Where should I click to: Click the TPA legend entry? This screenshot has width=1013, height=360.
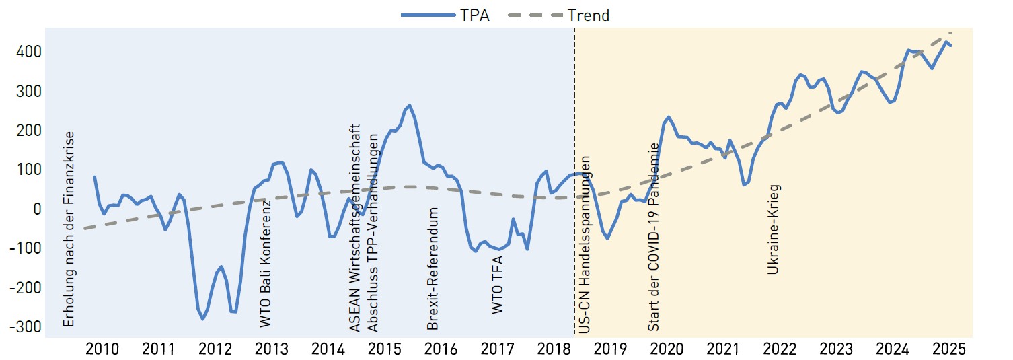coord(447,15)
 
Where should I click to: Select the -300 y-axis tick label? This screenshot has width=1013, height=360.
coord(24,326)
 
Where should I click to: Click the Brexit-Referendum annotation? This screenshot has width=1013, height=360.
coord(433,268)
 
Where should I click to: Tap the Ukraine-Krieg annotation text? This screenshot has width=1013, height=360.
coord(774,229)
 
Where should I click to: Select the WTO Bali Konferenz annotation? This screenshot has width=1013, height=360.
coord(266,262)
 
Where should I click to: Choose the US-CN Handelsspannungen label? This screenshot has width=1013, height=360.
coord(585,245)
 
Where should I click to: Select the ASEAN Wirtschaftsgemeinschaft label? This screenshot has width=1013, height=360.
coord(355,227)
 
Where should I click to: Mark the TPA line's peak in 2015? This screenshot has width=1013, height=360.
coord(410,106)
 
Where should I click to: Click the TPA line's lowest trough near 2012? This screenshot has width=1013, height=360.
coord(202,318)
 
